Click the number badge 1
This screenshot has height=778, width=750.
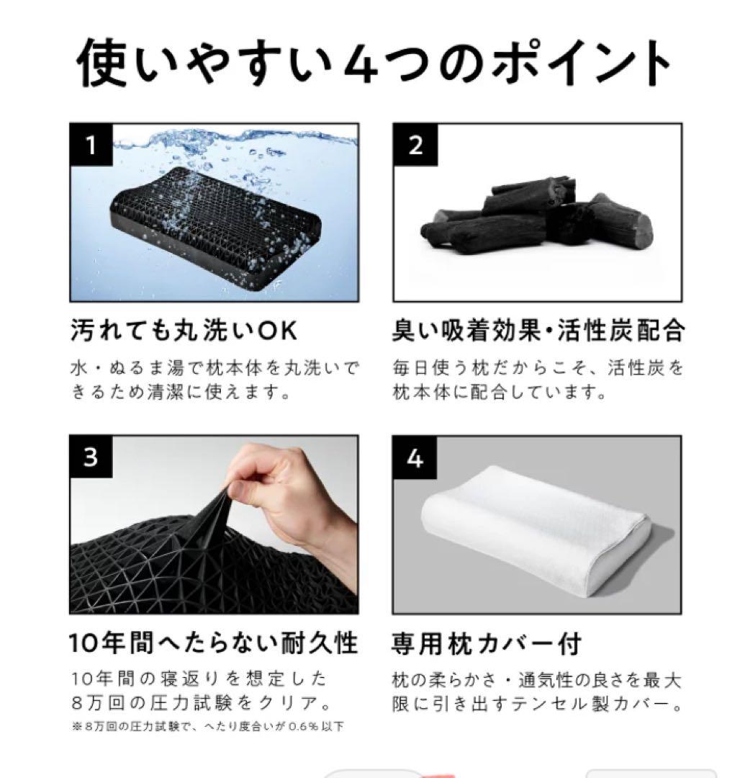(x=91, y=146)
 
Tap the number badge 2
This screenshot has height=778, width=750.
(x=415, y=145)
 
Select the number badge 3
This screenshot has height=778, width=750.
(x=91, y=457)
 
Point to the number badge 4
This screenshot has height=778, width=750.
(x=415, y=457)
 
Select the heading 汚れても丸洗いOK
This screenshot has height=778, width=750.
(x=184, y=331)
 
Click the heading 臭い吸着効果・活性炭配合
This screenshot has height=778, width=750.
(x=538, y=331)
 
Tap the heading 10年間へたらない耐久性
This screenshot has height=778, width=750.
(x=214, y=643)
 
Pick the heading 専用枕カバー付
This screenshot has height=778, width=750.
(x=486, y=643)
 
